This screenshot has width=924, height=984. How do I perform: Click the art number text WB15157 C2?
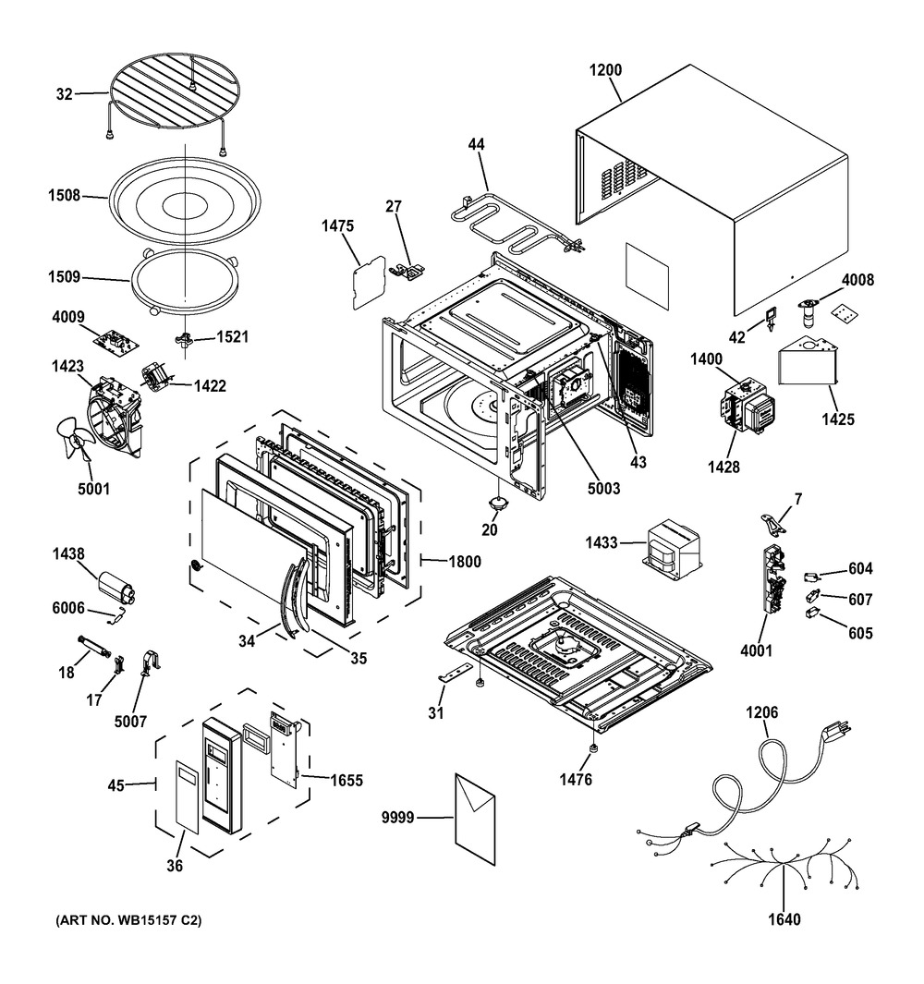point(128,920)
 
